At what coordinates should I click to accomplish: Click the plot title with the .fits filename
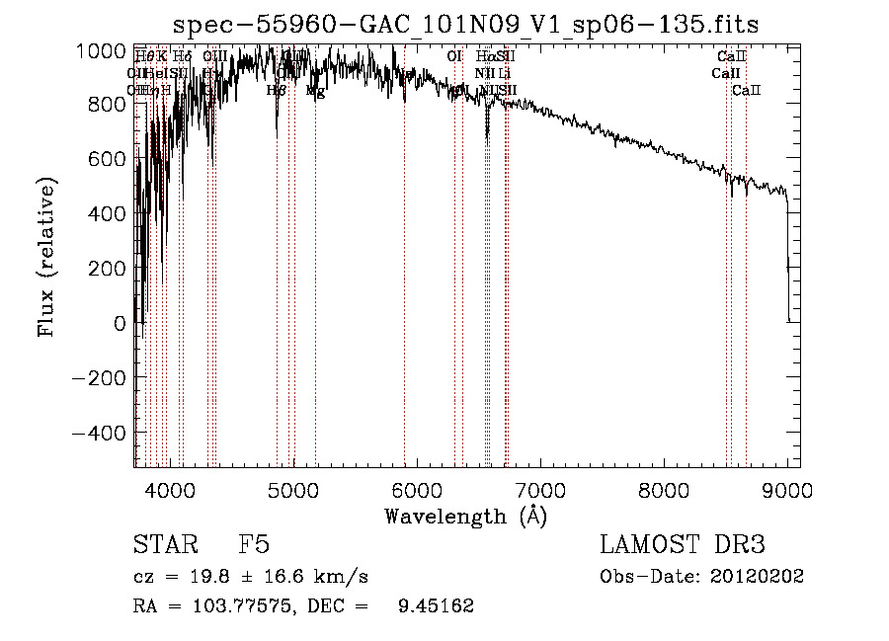465,24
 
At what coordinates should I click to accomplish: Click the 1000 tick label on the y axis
104,50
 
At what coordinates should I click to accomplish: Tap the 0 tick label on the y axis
120,323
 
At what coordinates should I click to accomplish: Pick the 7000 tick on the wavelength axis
539,489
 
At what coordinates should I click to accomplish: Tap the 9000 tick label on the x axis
786,489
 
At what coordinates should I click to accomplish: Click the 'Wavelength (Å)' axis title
465,516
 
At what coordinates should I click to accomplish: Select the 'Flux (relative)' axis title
46,258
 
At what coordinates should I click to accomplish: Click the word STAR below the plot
164,545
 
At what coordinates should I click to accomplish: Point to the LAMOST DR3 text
683,545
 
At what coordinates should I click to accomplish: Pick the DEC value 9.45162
435,606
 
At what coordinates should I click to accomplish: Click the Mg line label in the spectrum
315,91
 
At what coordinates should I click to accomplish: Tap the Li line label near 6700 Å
504,73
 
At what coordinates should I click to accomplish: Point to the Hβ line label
277,91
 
